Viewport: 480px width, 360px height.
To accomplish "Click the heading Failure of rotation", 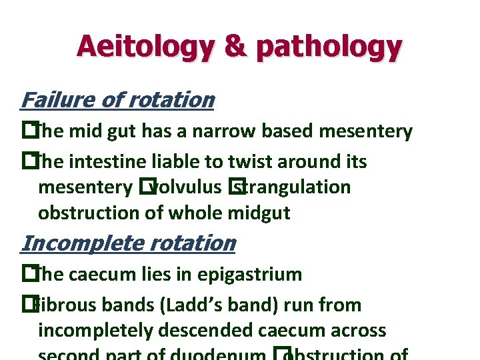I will (x=117, y=100).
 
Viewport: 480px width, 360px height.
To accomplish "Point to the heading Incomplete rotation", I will (x=128, y=243).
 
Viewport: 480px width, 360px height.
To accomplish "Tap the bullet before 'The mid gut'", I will (x=27, y=131).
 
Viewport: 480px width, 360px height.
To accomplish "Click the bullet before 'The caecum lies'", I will (x=27, y=274).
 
